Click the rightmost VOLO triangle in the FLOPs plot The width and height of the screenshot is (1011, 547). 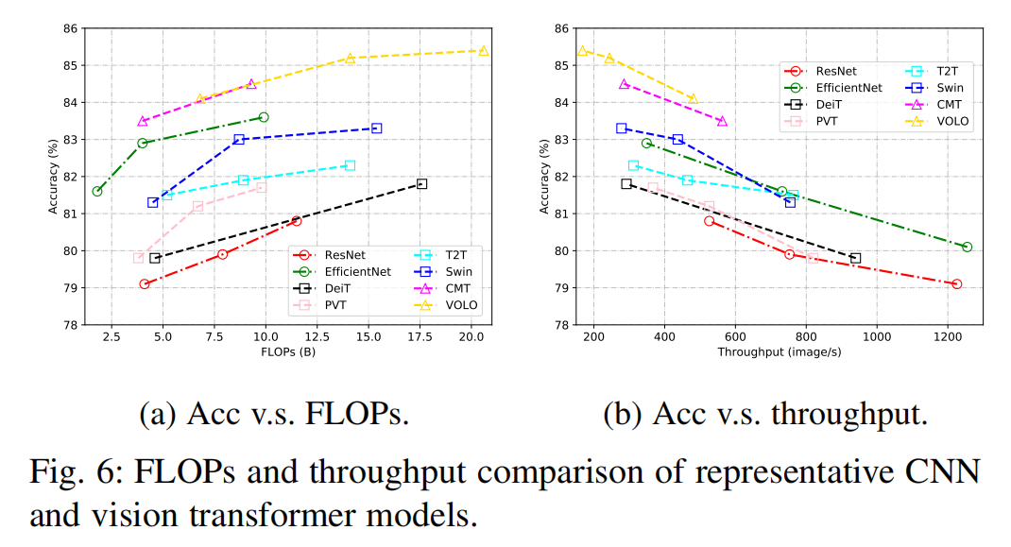pyautogui.click(x=483, y=51)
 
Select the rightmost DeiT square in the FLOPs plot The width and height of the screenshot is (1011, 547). pyautogui.click(x=421, y=183)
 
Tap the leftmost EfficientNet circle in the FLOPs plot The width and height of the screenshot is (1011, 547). pyautogui.click(x=97, y=191)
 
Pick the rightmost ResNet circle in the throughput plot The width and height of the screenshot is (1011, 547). pyautogui.click(x=956, y=283)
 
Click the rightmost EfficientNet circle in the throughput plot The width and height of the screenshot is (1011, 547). pyautogui.click(x=967, y=247)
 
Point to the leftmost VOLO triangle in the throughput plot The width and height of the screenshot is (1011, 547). pyautogui.click(x=582, y=51)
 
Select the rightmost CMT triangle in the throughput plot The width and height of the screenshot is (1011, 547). pyautogui.click(x=722, y=121)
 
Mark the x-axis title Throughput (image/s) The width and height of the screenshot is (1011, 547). pyautogui.click(x=780, y=352)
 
